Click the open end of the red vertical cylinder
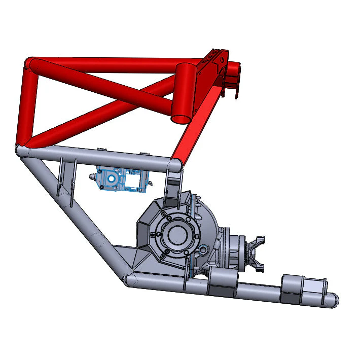click(x=181, y=119)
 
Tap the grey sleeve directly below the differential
click(x=222, y=283)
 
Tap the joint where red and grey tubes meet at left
click(x=23, y=150)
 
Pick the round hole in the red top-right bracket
click(x=222, y=59)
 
